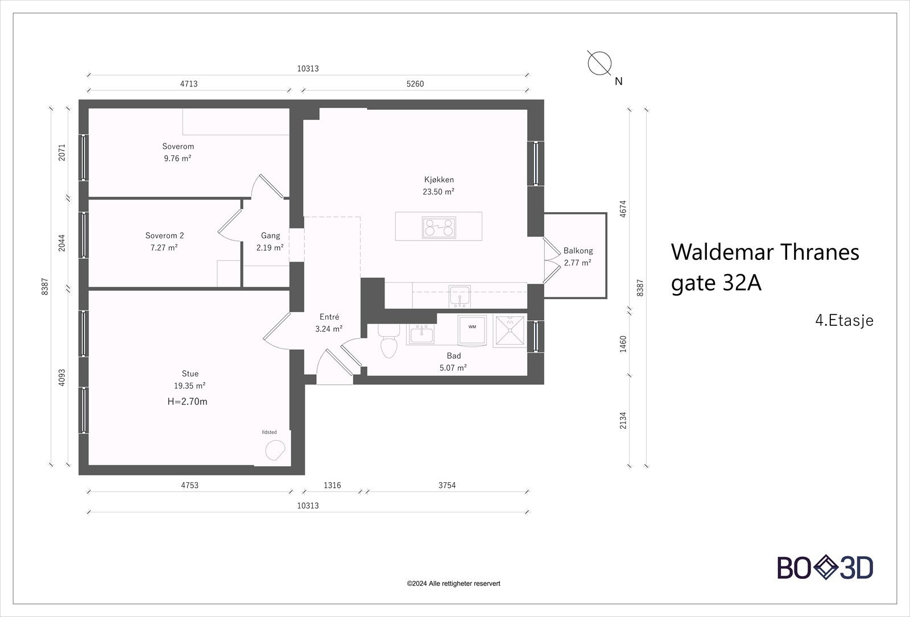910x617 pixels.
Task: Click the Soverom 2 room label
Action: point(164,235)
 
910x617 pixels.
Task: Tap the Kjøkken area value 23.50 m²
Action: point(439,192)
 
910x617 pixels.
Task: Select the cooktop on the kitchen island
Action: point(439,227)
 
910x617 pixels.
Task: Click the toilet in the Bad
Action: point(388,342)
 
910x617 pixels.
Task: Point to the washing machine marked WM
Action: point(472,330)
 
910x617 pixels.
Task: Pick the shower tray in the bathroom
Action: point(510,331)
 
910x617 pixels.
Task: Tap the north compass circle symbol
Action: point(599,64)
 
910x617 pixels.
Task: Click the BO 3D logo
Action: point(825,568)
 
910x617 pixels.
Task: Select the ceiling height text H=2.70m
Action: point(187,401)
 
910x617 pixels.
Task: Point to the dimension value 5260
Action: point(415,84)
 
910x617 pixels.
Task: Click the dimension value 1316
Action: point(332,485)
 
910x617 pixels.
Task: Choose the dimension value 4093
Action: point(61,378)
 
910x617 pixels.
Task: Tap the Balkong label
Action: point(578,251)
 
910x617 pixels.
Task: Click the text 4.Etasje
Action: point(844,321)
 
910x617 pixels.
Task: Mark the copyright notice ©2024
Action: point(453,583)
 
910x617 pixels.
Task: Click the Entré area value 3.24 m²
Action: point(329,329)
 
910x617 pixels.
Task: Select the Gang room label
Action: point(271,235)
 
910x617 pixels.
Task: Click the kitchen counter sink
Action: point(460,296)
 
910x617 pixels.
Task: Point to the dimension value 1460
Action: point(623,344)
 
